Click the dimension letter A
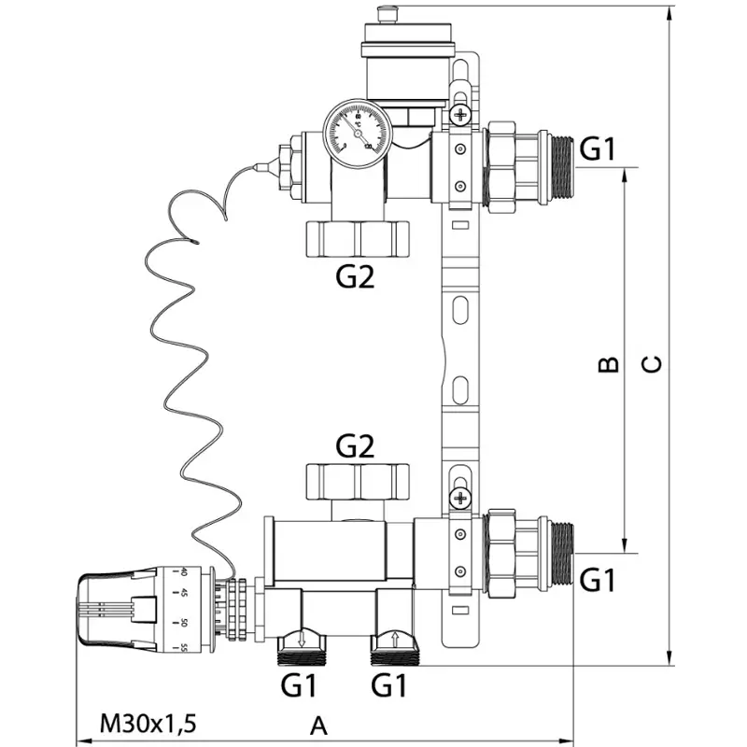click(318, 725)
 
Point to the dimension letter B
click(608, 363)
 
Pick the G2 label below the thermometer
click(355, 277)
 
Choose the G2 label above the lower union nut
click(355, 446)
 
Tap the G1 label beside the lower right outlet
click(599, 581)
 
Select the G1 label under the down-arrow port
click(300, 686)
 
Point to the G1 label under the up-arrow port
click(390, 686)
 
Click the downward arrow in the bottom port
click(301, 641)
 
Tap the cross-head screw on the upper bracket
click(459, 116)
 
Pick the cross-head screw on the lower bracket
click(459, 498)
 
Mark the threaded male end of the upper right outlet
click(558, 166)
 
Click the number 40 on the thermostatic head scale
click(183, 572)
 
